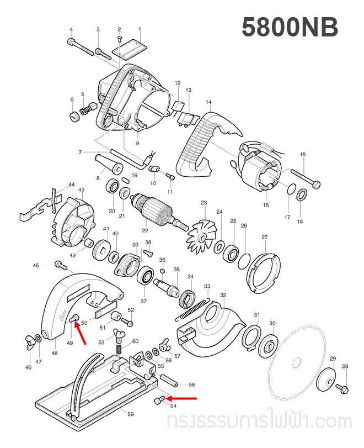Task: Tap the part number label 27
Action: point(264,238)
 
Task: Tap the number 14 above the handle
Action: point(208,102)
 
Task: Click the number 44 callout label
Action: point(71,185)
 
